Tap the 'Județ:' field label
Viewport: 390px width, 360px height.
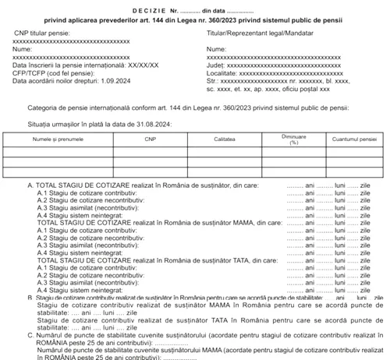216,67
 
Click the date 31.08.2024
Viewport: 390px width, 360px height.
154,124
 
